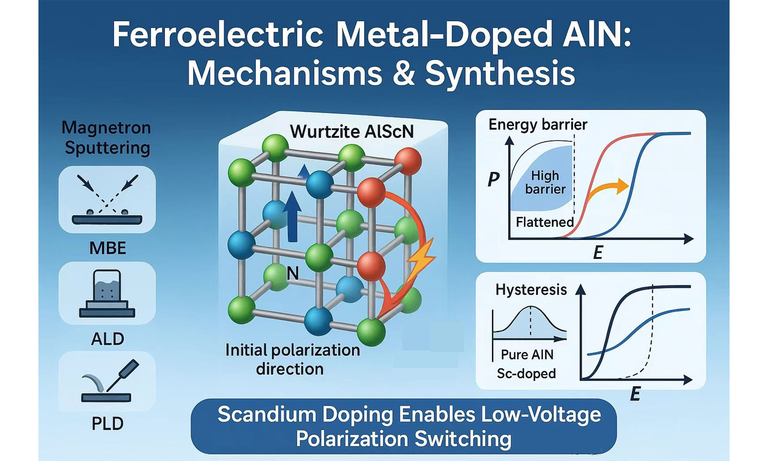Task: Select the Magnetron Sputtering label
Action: pos(106,138)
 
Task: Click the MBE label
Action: pos(108,248)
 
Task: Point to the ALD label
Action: pos(107,339)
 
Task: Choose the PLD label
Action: pos(107,423)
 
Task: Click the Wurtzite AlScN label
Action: pos(352,132)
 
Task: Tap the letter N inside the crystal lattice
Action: pos(292,273)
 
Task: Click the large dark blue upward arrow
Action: pos(292,216)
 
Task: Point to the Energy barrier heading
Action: pos(538,125)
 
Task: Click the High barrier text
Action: pos(545,182)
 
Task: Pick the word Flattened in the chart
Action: pos(545,222)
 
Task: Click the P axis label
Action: pos(493,179)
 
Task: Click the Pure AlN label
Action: pos(527,354)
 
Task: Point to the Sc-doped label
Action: pos(526,373)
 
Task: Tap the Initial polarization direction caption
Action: pos(292,360)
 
